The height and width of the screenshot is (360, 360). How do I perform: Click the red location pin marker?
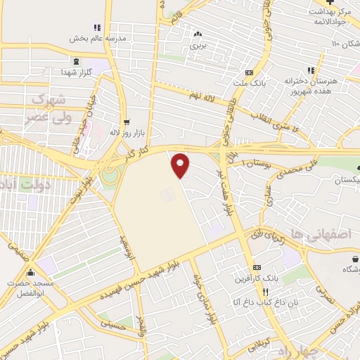(x=181, y=165)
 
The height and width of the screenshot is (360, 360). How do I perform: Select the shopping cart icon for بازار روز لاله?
(x=127, y=122)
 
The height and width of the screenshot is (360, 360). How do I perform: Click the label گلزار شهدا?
(x=77, y=73)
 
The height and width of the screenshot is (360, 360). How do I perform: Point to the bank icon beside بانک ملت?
(x=248, y=72)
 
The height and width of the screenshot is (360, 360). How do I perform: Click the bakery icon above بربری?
(x=198, y=33)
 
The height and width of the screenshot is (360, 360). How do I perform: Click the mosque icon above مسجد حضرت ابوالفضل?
(x=30, y=273)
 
